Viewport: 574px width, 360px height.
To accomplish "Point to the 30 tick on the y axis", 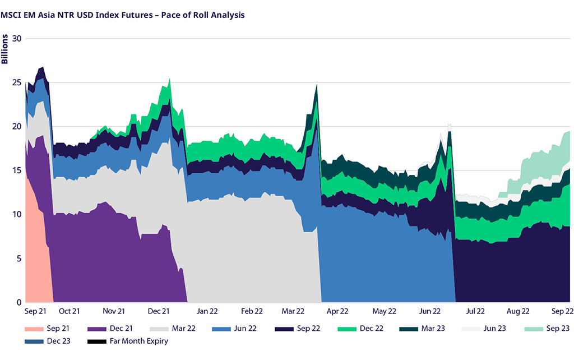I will (x=16, y=39).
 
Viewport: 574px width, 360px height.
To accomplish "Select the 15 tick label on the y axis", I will (x=16, y=170).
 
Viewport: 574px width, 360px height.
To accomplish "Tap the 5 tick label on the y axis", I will (x=18, y=259).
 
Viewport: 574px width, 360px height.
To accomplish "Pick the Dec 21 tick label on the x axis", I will (x=159, y=311).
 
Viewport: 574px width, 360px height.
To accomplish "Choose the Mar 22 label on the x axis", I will (x=293, y=311).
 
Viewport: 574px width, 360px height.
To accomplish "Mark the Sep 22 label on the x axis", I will (x=561, y=311).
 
